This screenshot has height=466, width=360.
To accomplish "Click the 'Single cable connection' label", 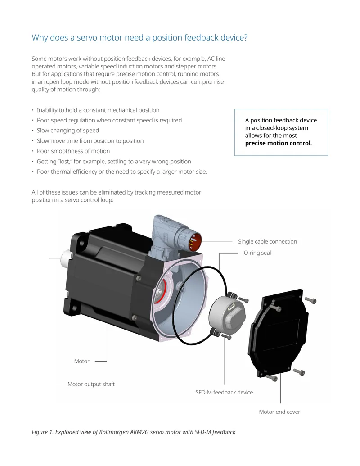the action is point(267,242).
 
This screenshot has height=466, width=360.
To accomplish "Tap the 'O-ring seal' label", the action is point(257,253).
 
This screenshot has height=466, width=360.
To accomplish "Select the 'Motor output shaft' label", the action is point(91,384).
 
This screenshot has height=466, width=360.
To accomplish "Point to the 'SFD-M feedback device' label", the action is point(224,392).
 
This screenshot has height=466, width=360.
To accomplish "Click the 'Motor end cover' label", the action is point(279,412).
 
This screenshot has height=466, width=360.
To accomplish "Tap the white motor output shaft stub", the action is point(66,258).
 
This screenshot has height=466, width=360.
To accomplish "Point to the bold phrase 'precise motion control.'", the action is point(278,143).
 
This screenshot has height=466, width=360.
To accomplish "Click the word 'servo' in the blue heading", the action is point(87,38).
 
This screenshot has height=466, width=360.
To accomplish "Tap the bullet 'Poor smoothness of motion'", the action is point(73,151).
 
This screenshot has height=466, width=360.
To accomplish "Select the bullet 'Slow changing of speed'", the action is point(67,131).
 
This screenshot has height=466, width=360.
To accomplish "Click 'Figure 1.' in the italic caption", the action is point(43,432).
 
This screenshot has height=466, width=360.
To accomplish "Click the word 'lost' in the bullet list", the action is point(65,162).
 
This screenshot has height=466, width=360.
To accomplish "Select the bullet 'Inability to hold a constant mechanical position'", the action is point(98,110).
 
